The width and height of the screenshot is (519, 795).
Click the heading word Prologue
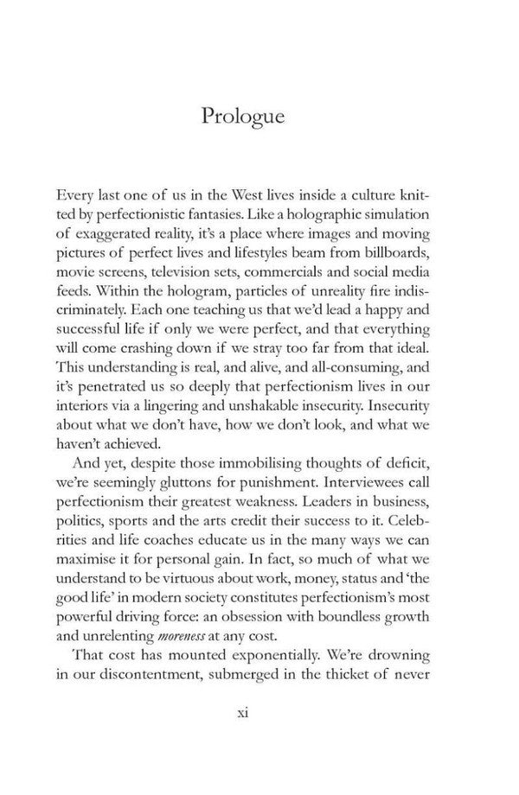coord(242,116)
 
